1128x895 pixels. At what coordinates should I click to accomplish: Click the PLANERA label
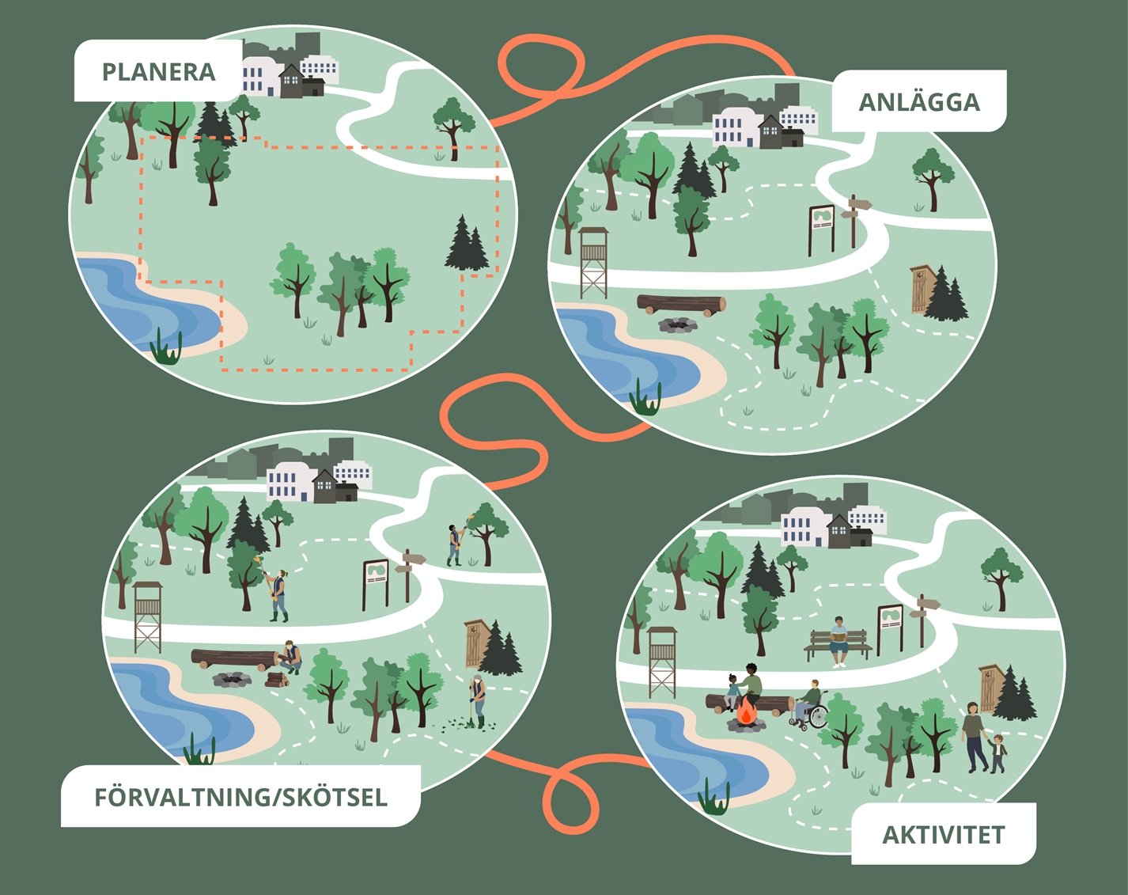(158, 72)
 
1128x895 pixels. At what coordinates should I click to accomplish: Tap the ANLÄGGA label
(918, 102)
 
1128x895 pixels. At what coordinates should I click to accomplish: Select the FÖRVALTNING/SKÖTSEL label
(240, 797)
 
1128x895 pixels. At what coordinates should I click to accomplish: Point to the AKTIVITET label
(943, 835)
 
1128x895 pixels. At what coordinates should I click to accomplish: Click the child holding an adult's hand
(997, 752)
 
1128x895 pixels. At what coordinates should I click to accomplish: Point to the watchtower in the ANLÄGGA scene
(593, 261)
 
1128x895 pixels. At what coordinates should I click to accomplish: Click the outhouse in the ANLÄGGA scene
(922, 289)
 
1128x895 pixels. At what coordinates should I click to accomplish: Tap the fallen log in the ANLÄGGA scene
(681, 303)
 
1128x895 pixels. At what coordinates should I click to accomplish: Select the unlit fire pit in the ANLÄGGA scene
(678, 324)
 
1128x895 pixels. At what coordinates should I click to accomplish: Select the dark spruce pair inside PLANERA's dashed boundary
(466, 245)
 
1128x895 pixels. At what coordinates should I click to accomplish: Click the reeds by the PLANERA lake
(167, 349)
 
